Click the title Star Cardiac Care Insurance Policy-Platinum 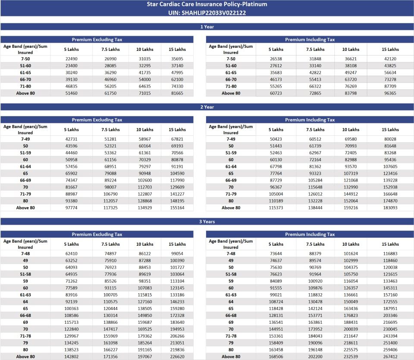[x=207, y=4]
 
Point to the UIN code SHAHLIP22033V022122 [x=207, y=13]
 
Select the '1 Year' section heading [x=207, y=27]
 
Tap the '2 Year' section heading [x=207, y=107]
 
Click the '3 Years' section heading [x=207, y=222]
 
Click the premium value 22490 [x=72, y=59]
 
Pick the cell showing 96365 [x=390, y=93]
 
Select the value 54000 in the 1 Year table [x=145, y=80]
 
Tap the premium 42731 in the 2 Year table [x=72, y=139]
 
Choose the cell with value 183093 [x=390, y=208]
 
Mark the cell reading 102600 [x=145, y=180]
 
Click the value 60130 [x=276, y=160]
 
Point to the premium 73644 [x=276, y=254]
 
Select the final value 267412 [x=390, y=357]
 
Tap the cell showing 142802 [x=72, y=357]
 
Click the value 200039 [x=351, y=329]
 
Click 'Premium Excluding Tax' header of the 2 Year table [x=97, y=120]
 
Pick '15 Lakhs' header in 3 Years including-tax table [x=390, y=244]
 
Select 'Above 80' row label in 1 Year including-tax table [x=231, y=93]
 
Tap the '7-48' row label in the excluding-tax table [x=25, y=254]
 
